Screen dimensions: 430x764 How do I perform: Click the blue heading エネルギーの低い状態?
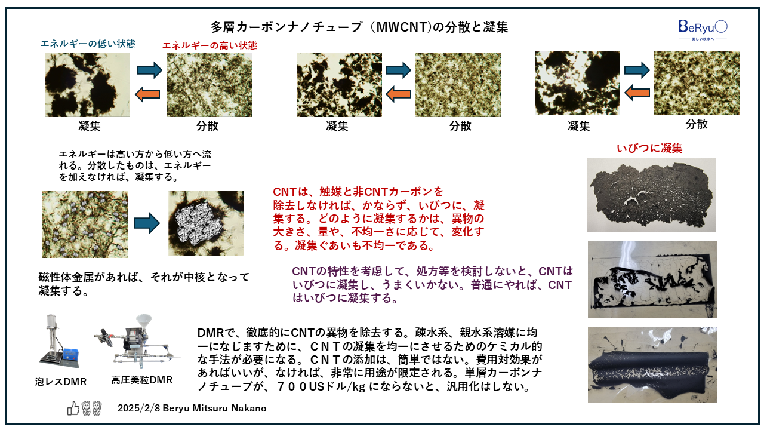coord(88,44)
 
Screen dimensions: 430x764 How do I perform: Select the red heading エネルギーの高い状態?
coord(210,45)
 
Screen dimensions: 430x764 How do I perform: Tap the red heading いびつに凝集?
coord(649,148)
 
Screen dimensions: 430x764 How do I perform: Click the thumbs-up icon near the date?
coord(73,408)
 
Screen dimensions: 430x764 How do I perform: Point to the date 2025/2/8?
coord(136,408)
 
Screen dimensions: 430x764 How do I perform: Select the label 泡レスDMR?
coord(61,382)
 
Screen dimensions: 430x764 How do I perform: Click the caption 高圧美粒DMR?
coord(142,380)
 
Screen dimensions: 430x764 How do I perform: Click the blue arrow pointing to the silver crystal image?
coord(147,224)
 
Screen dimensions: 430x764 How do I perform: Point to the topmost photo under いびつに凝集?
coord(652,195)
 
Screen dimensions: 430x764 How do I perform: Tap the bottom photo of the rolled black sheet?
coord(652,365)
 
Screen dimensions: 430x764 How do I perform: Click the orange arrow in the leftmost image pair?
coord(149,93)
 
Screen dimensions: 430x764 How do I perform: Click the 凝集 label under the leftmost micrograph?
coord(89,127)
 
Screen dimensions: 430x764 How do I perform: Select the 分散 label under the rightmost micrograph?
coord(697,124)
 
